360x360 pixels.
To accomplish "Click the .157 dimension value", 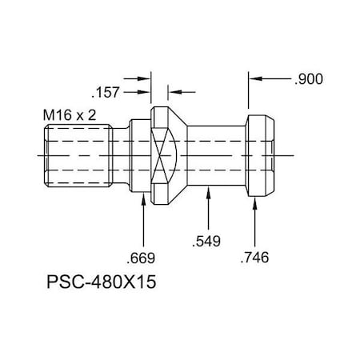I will click(x=106, y=92).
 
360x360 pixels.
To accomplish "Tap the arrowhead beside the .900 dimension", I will click(x=254, y=79).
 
